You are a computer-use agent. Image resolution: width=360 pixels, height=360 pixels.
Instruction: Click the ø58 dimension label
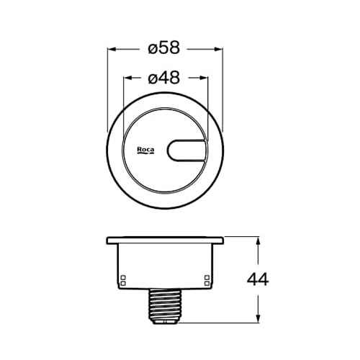(x=164, y=48)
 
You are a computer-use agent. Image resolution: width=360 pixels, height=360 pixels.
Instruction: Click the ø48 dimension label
(x=164, y=78)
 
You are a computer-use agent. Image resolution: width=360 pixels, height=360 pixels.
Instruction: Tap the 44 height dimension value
(x=258, y=279)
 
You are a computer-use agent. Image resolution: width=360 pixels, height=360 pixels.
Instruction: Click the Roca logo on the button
(x=145, y=150)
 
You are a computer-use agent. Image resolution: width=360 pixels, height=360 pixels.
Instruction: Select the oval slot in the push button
(x=186, y=150)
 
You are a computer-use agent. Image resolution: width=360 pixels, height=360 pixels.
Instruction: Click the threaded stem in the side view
(x=166, y=306)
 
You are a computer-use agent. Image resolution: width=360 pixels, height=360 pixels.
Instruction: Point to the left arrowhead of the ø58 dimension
(x=112, y=49)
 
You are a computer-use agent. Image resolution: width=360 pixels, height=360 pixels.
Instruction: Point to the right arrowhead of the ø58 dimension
(x=218, y=49)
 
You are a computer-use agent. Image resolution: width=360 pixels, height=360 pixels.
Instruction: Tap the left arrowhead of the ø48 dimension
(x=127, y=78)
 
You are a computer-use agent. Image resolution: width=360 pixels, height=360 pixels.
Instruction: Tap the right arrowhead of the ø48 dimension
(x=203, y=78)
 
